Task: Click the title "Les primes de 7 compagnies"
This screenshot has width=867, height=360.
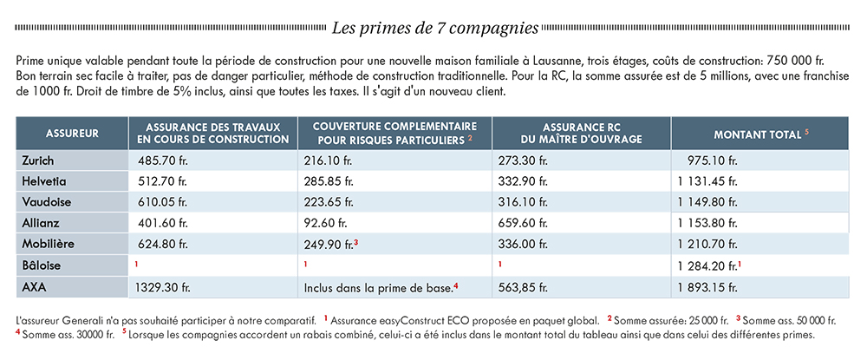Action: tap(434, 29)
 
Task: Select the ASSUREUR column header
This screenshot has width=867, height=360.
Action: tap(73, 134)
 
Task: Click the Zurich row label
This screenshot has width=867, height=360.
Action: tap(38, 161)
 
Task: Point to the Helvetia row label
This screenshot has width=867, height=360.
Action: tap(42, 181)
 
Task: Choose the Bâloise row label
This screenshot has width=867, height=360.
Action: tap(42, 265)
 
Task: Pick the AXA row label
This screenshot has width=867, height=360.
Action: tap(34, 287)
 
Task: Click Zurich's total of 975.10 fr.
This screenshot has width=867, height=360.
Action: tap(712, 161)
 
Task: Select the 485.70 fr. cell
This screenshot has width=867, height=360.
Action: tap(163, 161)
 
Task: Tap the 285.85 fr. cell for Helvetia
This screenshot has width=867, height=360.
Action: tap(329, 181)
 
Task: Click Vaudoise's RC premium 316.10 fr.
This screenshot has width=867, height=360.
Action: tap(524, 202)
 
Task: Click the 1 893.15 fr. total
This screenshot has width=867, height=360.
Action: tap(707, 287)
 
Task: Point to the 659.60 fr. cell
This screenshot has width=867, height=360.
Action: tap(524, 224)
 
